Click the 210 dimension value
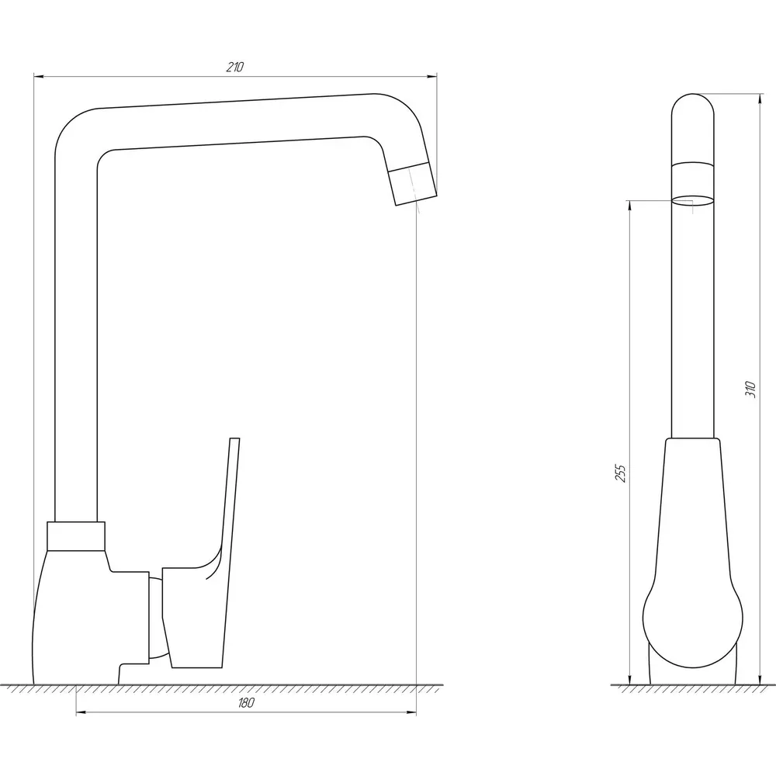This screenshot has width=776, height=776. coord(235,67)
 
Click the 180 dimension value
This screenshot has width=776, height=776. coord(246,703)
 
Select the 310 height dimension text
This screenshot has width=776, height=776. coord(750,390)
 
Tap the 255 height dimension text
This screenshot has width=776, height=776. coord(621,473)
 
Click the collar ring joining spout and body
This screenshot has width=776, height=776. coord(76,536)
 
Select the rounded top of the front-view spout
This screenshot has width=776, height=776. coord(693,107)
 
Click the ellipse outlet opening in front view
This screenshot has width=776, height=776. coord(693,199)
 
